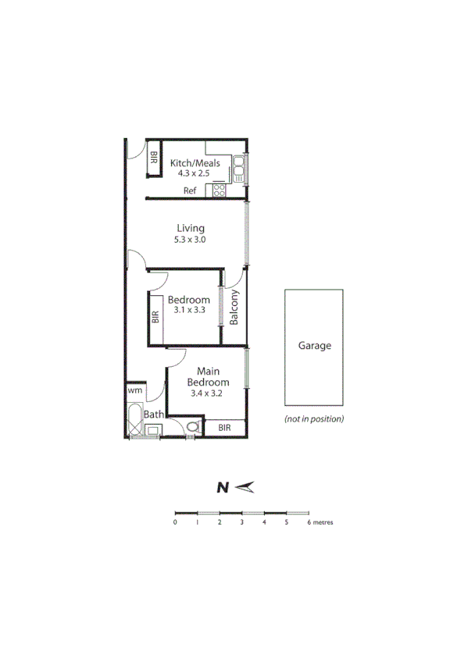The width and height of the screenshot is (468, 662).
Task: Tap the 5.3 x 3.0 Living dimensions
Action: click(190, 240)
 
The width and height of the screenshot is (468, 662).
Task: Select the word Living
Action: click(190, 228)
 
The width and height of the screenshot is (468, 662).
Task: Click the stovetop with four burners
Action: click(220, 190)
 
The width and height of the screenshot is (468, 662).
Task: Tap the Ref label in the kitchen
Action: click(190, 190)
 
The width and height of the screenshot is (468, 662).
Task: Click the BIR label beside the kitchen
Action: click(154, 157)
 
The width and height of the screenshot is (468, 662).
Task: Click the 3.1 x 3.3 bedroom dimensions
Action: click(189, 311)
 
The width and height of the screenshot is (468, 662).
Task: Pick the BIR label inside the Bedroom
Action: click(155, 316)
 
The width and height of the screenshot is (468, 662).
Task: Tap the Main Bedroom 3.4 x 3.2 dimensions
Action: click(207, 394)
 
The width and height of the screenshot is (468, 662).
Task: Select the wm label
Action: click(134, 389)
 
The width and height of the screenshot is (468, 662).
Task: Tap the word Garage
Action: click(315, 346)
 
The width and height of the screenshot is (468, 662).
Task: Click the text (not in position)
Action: click(314, 419)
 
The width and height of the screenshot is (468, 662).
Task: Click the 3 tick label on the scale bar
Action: click(242, 522)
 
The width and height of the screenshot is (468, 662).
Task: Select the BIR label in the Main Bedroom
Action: click(225, 428)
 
